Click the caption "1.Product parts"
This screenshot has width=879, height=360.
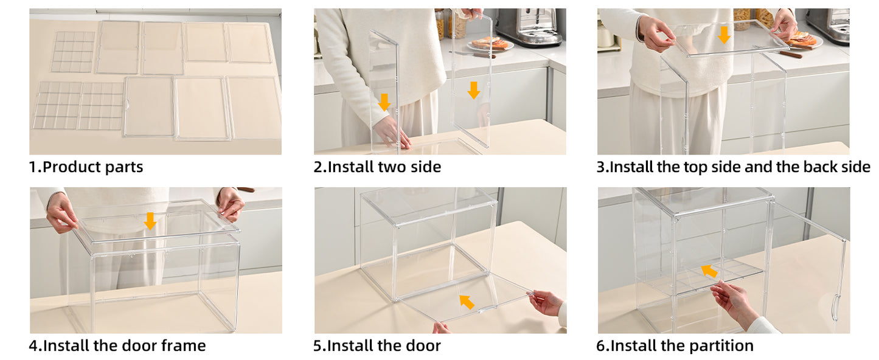[x=86, y=167]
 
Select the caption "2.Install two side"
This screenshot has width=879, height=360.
[x=377, y=167]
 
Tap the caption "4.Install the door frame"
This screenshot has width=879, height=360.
[x=117, y=346]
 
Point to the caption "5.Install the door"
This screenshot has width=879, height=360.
[x=377, y=346]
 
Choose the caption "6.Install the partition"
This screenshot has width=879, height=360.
[x=675, y=346]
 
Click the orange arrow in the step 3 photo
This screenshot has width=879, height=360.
[x=723, y=35]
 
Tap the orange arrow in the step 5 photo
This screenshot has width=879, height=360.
[x=467, y=301]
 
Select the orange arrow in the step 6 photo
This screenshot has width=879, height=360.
[x=709, y=271]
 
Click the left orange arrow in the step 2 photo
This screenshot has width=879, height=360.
[x=384, y=102]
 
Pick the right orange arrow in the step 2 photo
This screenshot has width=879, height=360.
[x=473, y=90]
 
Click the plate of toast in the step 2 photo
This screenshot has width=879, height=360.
[x=490, y=44]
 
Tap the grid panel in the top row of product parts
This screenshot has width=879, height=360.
[x=73, y=52]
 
